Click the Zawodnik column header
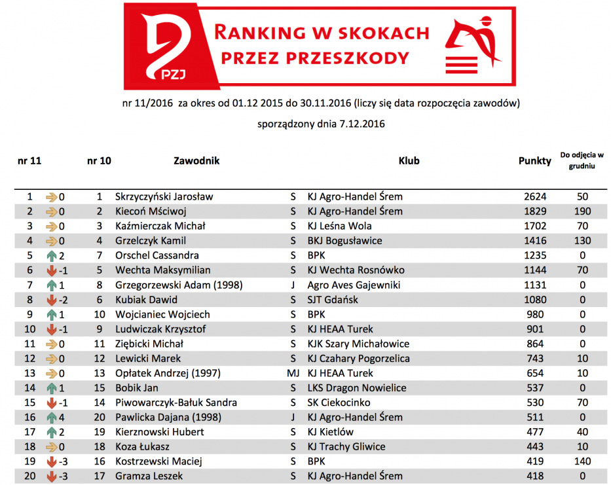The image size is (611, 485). coord(196,160)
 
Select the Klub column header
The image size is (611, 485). coord(409,160)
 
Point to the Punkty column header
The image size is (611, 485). coord(534,161)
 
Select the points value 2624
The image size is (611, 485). coord(535,196)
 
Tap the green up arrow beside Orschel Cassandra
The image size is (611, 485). coord(52,255)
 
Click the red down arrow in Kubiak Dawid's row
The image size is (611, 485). coord(52,300)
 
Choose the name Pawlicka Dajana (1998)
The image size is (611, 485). coord(168,417)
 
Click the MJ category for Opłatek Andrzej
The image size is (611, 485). coord(293,373)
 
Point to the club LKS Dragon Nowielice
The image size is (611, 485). coord(358,387)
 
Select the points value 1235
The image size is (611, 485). coord(535,255)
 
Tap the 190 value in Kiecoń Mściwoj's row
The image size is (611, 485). coord(582,211)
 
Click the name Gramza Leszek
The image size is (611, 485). coord(149,476)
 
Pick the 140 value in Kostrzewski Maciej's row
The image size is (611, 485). coord(582,461)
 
